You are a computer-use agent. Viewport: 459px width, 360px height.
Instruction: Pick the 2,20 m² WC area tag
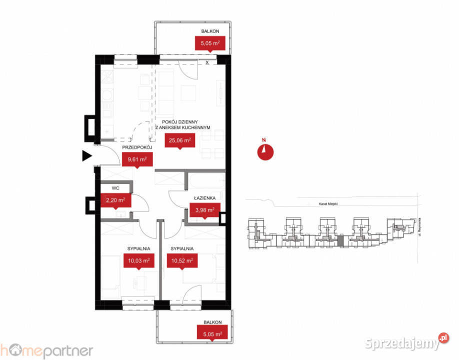(x=114, y=200)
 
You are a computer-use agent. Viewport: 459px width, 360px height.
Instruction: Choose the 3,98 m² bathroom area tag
(x=204, y=210)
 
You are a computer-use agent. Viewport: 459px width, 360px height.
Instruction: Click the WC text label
(x=115, y=188)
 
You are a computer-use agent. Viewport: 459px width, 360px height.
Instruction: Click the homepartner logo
(x=46, y=349)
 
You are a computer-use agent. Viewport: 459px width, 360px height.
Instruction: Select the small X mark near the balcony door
(x=207, y=63)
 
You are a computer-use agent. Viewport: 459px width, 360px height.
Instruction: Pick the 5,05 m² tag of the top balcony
(x=210, y=43)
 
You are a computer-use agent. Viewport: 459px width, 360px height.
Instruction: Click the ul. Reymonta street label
(x=419, y=227)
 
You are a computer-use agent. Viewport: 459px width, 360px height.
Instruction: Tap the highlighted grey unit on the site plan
(x=341, y=241)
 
